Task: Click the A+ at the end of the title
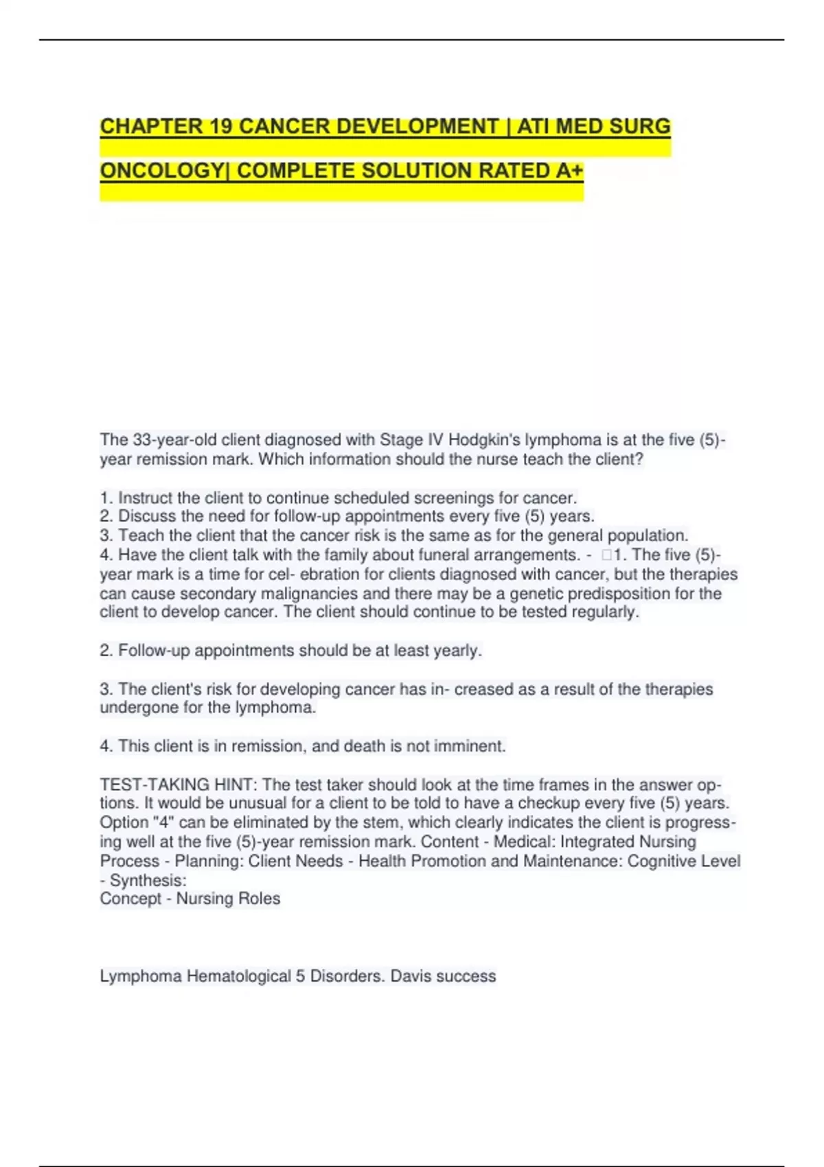coord(569,170)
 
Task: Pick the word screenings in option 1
coord(458,498)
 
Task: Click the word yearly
coord(457,651)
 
